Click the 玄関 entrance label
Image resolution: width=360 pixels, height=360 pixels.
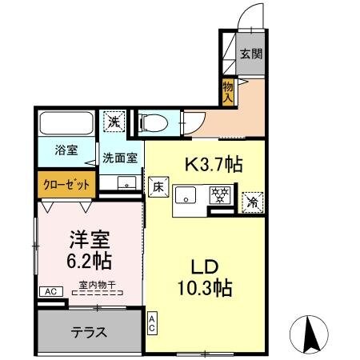[x=250, y=54]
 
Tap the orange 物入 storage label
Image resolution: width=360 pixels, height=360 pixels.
[x=228, y=91]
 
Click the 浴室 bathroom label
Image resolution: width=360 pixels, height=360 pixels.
[x=66, y=150]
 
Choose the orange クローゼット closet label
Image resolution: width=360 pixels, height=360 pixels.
[x=66, y=184]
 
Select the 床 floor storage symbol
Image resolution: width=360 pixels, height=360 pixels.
[x=158, y=185]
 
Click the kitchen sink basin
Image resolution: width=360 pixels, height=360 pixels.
[x=186, y=194]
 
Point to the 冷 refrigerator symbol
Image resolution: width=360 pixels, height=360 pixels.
[x=253, y=202]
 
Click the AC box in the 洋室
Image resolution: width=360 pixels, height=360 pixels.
[x=50, y=292]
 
